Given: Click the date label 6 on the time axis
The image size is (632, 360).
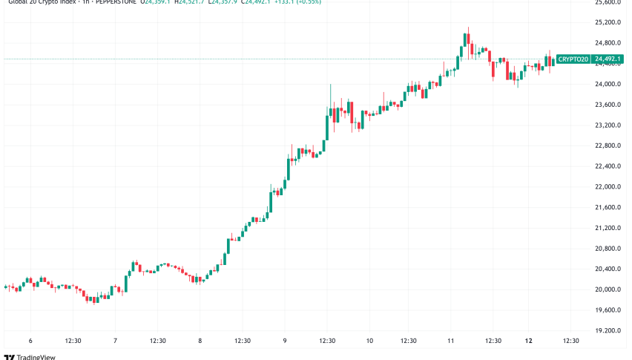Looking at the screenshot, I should point(30,341).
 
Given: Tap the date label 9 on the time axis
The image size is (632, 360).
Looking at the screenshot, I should point(285,341).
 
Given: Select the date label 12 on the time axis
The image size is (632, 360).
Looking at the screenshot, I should point(527,341).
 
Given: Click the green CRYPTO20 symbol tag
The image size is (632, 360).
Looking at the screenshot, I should point(572,59).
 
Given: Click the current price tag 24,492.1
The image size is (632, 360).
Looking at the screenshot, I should point(610,59).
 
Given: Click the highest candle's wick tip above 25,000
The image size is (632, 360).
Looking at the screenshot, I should point(468,28).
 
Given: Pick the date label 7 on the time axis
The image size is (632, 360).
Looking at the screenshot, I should point(115,341).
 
